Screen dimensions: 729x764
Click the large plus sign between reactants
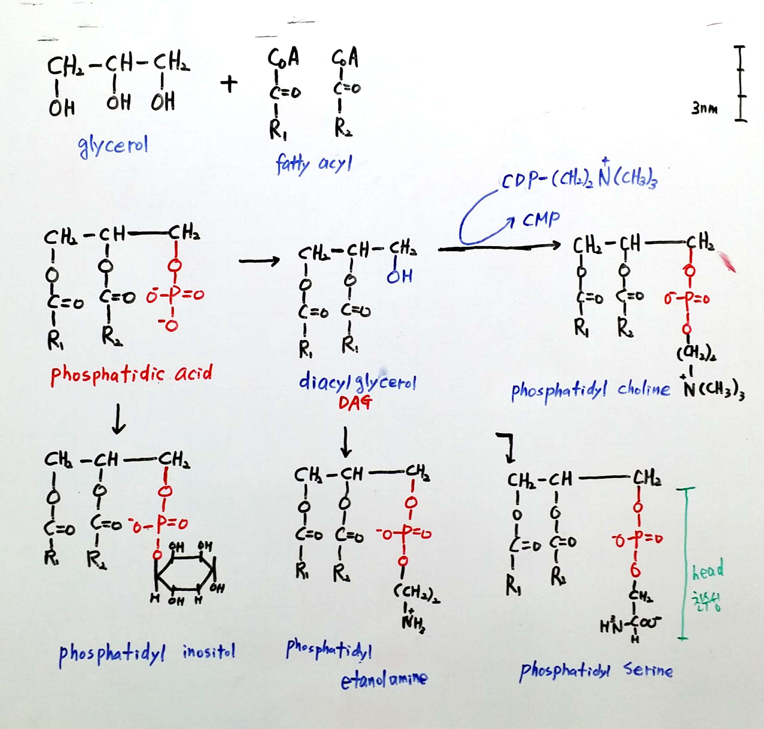(229, 84)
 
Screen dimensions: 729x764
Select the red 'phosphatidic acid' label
(131, 374)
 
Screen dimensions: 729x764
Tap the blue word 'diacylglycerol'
(357, 383)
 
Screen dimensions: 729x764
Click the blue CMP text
(541, 220)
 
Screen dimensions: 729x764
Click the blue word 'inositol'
(209, 652)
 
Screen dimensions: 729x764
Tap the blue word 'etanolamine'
(384, 679)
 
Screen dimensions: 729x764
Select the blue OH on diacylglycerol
(399, 277)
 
